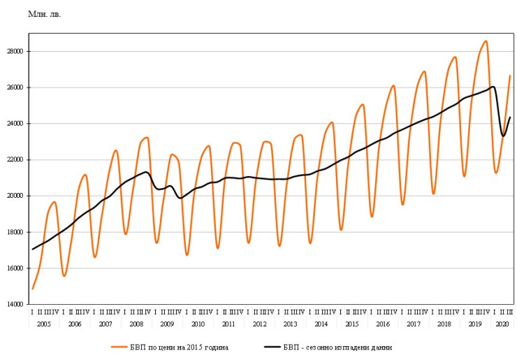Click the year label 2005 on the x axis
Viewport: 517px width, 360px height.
(44, 325)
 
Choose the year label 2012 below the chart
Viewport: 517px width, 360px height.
(259, 325)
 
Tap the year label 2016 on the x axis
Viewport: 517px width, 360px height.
(383, 325)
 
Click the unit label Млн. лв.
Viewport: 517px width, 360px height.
(44, 14)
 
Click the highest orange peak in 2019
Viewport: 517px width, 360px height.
(486, 41)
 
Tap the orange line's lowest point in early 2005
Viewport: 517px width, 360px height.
(32, 288)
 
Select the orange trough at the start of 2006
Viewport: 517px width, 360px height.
(64, 275)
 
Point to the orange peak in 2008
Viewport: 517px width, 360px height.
(147, 138)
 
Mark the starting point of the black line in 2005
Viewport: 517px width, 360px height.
(32, 249)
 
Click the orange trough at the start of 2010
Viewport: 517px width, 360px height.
(187, 254)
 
